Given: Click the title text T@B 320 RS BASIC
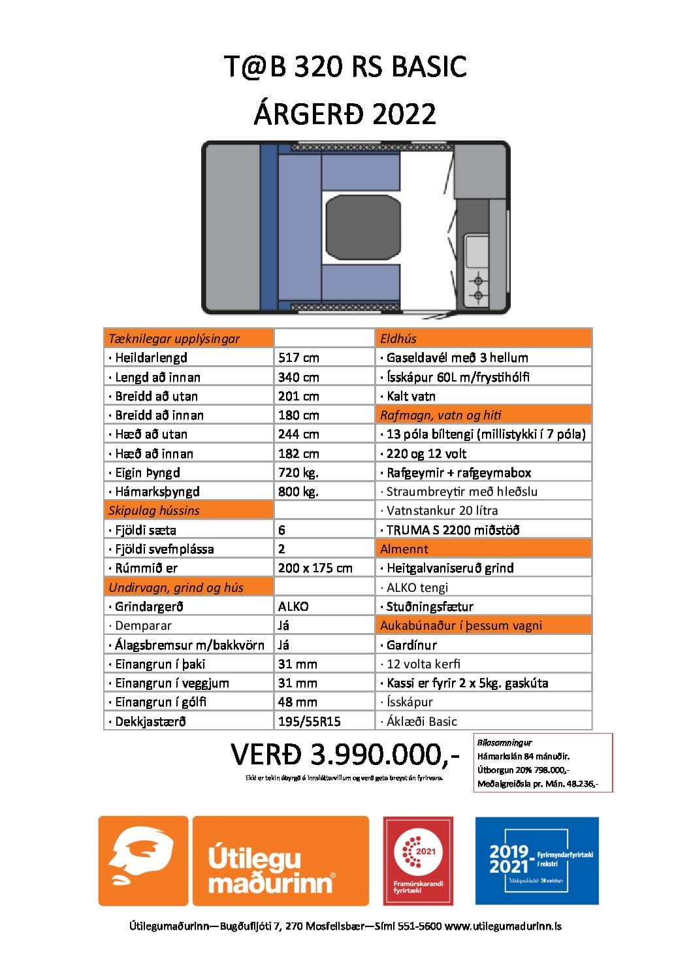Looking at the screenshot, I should [x=345, y=67].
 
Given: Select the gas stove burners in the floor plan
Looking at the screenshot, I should [x=478, y=288].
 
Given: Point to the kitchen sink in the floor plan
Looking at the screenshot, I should [x=477, y=251].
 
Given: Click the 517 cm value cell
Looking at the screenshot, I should [x=298, y=357].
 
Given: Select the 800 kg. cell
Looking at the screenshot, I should [x=298, y=491].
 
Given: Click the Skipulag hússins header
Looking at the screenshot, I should [x=154, y=510].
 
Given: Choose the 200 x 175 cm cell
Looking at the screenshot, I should [x=315, y=568].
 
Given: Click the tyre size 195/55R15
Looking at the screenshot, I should [x=310, y=721].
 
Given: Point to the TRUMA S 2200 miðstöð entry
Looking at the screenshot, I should [x=453, y=530].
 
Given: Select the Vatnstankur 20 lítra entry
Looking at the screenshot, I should [x=442, y=510].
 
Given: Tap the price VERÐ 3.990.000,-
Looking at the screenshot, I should [x=345, y=755].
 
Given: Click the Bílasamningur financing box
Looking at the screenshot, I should [x=543, y=762].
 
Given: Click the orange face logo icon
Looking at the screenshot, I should [x=143, y=860].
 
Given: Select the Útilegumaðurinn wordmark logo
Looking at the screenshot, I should [x=280, y=860].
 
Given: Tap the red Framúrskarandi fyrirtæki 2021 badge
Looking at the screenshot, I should [x=418, y=860].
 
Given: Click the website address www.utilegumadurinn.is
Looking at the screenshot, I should [x=503, y=926].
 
